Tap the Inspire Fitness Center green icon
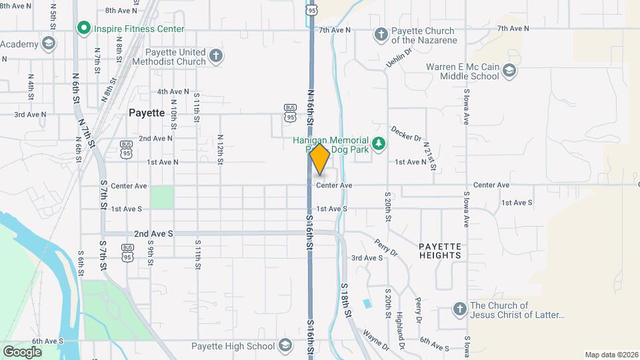click(83, 29)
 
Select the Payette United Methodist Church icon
click(215, 56)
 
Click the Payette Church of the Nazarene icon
click(381, 34)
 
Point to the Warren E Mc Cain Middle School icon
click(509, 71)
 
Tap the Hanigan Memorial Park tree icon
click(379, 144)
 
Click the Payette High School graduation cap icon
click(285, 345)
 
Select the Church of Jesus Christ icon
click(459, 309)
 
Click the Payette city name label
click(146, 113)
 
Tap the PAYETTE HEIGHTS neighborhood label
click(440, 251)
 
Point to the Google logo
click(22, 351)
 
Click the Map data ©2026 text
click(611, 355)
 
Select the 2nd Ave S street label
click(153, 233)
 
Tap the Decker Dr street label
click(406, 133)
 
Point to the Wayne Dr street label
click(376, 339)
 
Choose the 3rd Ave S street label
click(367, 258)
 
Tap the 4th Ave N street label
click(173, 91)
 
